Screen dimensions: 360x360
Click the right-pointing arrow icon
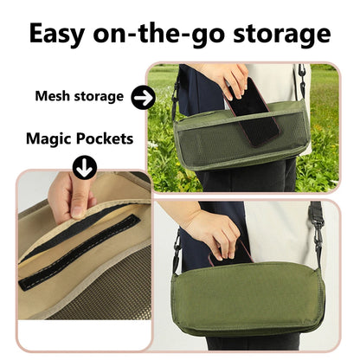[x=143, y=97]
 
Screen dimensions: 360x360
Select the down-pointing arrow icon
[x=84, y=167]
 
